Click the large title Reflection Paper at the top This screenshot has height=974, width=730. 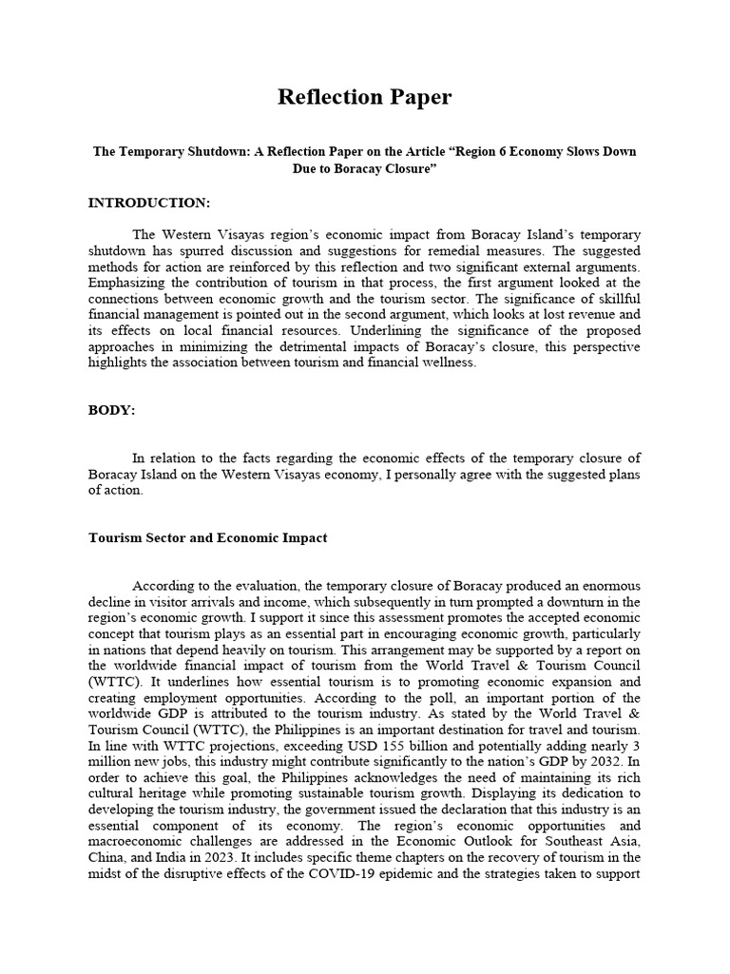(364, 97)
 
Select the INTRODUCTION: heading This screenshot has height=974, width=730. (149, 203)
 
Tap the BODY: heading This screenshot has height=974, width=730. (112, 410)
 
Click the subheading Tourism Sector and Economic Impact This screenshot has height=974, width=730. (208, 537)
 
